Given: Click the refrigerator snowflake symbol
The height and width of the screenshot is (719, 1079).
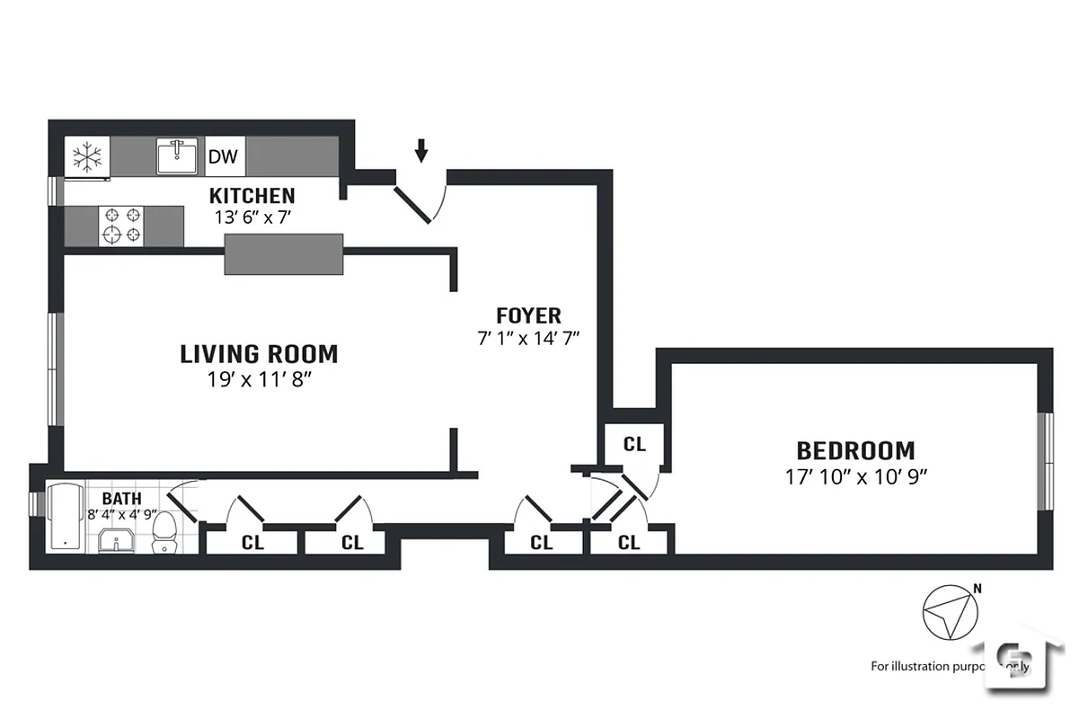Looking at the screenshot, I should click(x=87, y=157).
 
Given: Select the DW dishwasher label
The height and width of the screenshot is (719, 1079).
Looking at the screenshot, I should click(x=223, y=157).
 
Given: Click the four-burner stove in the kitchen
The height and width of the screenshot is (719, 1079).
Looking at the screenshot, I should click(x=123, y=225).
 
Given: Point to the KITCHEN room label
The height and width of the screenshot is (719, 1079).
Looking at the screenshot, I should click(x=252, y=196).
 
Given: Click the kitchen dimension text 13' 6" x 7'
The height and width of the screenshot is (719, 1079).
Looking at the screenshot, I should click(x=252, y=217).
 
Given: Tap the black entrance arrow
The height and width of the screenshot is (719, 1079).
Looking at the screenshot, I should click(x=420, y=150).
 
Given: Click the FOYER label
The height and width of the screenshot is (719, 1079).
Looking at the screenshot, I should click(x=528, y=315).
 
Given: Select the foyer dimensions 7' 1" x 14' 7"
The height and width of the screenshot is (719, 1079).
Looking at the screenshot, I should click(x=528, y=338).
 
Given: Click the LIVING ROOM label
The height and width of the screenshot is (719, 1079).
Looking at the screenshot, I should click(x=259, y=354).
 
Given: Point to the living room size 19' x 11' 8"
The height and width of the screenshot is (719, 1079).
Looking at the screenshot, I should click(x=259, y=379).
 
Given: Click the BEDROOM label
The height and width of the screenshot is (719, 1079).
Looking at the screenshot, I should click(x=855, y=450).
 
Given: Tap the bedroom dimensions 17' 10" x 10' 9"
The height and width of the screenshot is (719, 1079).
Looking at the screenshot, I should click(x=855, y=476).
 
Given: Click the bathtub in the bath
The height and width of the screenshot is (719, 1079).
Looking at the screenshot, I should click(x=64, y=518).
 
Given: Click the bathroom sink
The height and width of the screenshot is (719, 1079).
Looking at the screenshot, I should click(x=117, y=541).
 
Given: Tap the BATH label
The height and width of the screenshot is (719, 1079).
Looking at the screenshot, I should click(x=121, y=499).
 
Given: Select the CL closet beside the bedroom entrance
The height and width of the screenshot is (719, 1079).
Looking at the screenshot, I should click(x=634, y=443).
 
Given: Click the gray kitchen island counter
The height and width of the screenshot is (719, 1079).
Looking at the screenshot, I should click(x=284, y=253).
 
